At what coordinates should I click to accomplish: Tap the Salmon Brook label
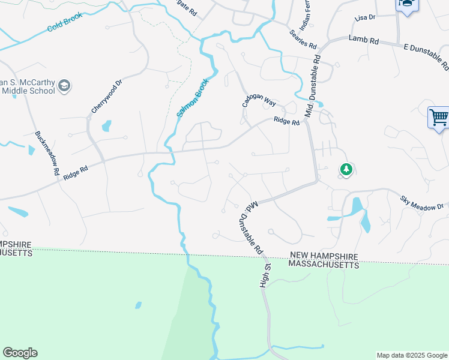[193, 98]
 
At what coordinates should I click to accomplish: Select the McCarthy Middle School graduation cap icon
[64, 87]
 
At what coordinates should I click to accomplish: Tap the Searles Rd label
[303, 40]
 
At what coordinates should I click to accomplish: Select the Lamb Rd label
[364, 40]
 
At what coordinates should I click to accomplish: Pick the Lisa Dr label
[364, 18]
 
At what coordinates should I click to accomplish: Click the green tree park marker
[345, 170]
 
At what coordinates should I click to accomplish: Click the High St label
[265, 275]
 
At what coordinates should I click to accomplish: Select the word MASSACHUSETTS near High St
[324, 264]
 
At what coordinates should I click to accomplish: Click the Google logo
[20, 353]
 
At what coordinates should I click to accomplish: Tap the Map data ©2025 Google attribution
[412, 355]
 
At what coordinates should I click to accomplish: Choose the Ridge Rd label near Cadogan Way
[286, 121]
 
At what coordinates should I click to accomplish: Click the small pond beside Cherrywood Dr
[106, 126]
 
